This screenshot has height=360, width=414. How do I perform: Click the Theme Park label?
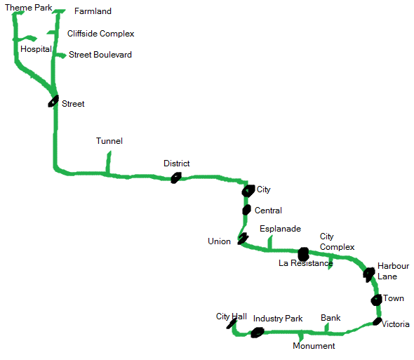[28, 8]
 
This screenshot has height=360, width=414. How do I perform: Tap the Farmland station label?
[93, 11]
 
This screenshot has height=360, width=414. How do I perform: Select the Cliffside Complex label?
[100, 34]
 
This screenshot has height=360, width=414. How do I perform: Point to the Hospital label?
[36, 50]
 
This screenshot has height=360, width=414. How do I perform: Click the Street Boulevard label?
[100, 55]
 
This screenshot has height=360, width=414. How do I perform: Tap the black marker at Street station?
[53, 101]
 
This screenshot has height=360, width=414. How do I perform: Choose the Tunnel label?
[109, 141]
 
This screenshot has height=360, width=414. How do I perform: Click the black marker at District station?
[175, 178]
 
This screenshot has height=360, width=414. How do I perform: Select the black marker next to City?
[248, 190]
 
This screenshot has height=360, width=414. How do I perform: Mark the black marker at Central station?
[246, 210]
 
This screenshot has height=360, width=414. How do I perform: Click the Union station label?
[219, 241]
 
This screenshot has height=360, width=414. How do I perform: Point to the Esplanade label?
[280, 229]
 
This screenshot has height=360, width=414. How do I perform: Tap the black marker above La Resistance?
[303, 253]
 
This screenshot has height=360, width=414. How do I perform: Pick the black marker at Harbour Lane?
[369, 273]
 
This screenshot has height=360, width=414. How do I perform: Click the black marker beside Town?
[376, 300]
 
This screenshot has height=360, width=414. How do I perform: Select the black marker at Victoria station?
[377, 322]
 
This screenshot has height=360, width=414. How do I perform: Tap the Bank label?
[330, 318]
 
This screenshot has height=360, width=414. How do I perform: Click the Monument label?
[314, 346]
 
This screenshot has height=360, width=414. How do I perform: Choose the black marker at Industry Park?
[257, 332]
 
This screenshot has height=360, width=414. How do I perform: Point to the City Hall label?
[231, 316]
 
